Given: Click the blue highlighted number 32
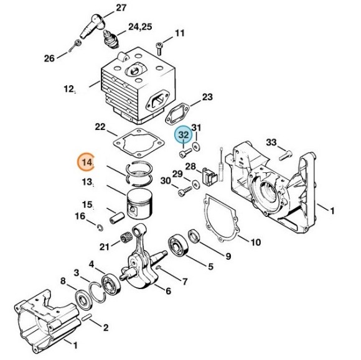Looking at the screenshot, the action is coord(184,134).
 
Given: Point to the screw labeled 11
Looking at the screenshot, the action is coord(159,48).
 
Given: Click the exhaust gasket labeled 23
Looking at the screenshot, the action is coord(177,114).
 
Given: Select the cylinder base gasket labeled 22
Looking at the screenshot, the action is coord(139,143).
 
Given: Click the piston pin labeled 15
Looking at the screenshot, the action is coord(117,218).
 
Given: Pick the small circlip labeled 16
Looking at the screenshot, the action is coord(100,228).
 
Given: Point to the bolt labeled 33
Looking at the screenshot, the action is coord(285,155).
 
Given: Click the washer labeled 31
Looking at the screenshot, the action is coord(196,147).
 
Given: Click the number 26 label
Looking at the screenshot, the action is coord(49,58).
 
